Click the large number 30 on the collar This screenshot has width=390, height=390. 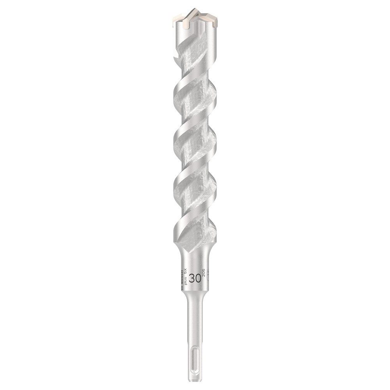[x=195, y=278]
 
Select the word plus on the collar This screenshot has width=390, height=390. [x=186, y=280]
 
